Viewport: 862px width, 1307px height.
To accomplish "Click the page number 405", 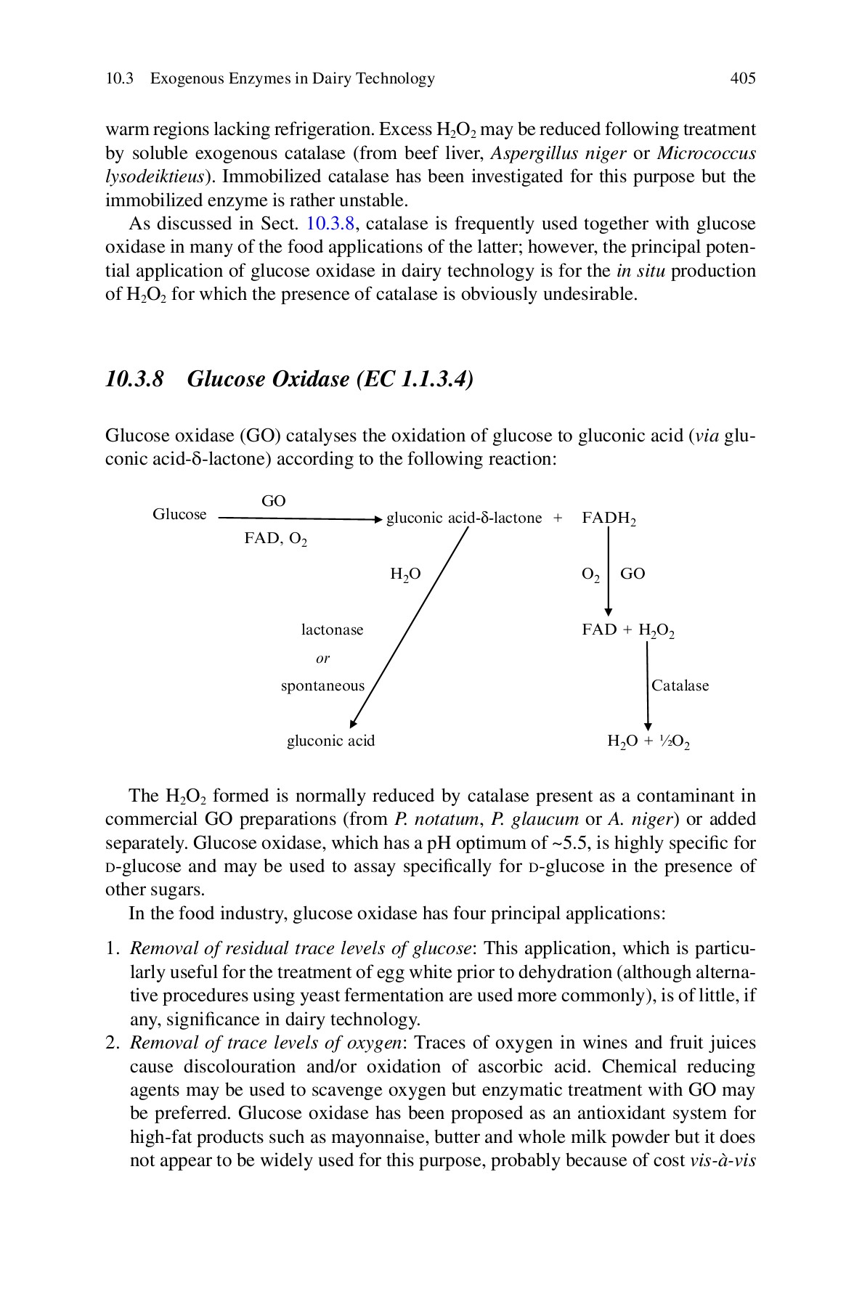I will (742, 78).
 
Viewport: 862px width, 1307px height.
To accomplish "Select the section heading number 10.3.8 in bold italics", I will (134, 379).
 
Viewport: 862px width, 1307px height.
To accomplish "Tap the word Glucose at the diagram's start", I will (179, 514).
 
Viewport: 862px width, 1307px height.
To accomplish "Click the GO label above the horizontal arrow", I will (274, 501).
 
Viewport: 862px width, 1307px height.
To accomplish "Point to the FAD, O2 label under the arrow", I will (275, 539).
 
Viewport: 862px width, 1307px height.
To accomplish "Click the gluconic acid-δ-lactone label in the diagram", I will (464, 518).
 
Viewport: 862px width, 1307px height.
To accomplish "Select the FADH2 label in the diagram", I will (609, 518).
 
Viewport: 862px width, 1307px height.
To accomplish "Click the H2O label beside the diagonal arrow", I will (405, 574).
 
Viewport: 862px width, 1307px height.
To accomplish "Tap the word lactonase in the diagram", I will (332, 630).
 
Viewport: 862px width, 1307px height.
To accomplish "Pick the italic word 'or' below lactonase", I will (322, 659).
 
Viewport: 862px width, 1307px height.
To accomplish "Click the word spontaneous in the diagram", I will (322, 685).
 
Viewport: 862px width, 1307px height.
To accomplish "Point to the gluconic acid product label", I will (330, 741).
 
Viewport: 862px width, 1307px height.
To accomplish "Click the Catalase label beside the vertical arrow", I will (680, 685).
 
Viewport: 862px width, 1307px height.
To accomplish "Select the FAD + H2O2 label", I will (628, 630).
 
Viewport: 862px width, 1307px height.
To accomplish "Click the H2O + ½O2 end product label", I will (648, 741).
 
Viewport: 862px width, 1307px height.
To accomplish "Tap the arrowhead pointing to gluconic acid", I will (353, 723).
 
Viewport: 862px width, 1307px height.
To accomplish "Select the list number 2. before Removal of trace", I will (112, 1043).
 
